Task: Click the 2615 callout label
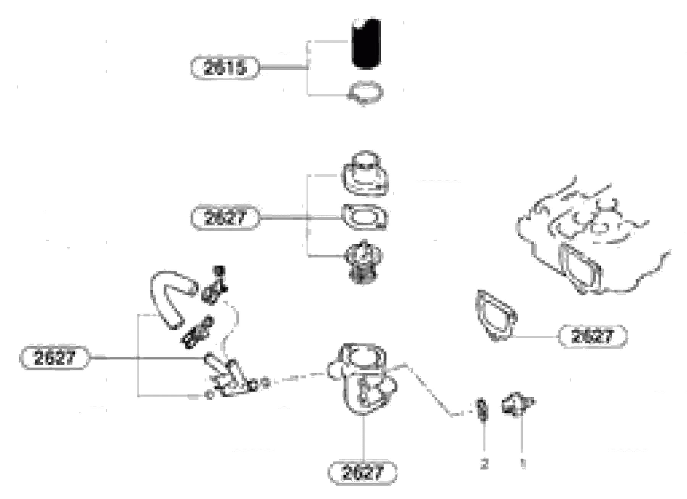pos(224,68)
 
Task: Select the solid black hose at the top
pos(366,44)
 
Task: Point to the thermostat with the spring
pos(363,262)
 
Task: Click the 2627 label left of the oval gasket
pos(224,218)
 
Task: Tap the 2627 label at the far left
pos(54,358)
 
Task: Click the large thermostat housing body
pos(363,378)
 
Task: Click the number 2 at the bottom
pos(484,464)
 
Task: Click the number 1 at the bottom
pos(523,463)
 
